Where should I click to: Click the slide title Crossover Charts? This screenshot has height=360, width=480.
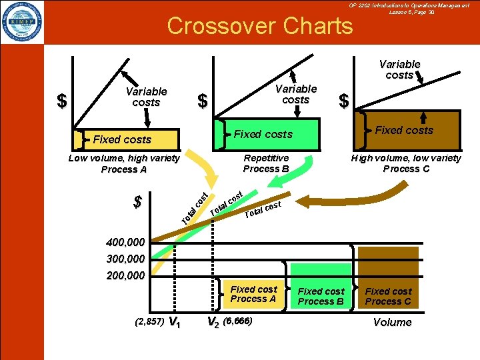tap(260, 25)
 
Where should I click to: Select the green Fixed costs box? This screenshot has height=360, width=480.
tap(263, 134)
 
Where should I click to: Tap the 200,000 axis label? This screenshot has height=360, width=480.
tap(125, 274)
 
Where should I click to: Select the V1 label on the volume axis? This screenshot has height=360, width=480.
tap(174, 323)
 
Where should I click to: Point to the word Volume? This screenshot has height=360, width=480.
tap(392, 322)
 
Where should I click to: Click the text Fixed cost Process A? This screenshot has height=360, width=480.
tap(253, 294)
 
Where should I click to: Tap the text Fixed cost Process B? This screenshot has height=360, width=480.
tap(321, 296)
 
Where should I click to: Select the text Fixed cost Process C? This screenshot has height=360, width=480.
tap(388, 296)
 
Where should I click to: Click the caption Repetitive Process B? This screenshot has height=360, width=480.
tap(266, 163)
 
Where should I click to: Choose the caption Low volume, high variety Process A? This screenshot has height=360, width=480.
tap(124, 163)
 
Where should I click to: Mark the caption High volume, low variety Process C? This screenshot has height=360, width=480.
tap(407, 163)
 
